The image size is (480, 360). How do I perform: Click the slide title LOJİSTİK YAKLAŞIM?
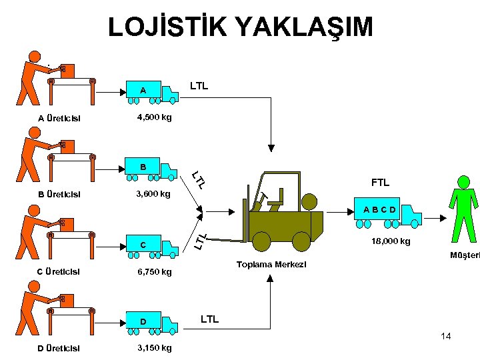pos(240,27)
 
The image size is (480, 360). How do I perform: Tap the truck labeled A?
pos(152,93)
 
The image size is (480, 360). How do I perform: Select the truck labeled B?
pos(152,169)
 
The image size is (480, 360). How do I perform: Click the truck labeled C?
pos(152,247)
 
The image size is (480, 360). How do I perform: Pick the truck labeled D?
pos(152,323)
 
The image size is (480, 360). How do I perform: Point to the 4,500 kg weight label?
pos(153,117)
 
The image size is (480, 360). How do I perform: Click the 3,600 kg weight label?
pos(153,195)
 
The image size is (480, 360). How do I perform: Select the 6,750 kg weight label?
pos(153,272)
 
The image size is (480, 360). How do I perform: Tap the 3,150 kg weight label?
pos(153,348)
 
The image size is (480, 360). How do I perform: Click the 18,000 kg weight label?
pos(391,241)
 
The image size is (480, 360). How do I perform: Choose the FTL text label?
pos(381,182)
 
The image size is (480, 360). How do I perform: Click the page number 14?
pos(445,336)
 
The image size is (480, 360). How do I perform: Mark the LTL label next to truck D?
pos(209,319)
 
